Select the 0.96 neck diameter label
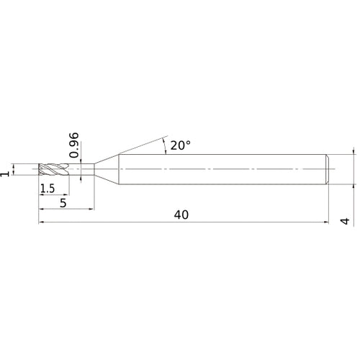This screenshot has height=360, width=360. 75,144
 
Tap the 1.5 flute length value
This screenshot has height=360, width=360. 48,189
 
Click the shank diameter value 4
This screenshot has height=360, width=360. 345,222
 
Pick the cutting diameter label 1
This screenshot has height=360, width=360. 8,171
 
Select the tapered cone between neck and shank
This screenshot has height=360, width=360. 107,170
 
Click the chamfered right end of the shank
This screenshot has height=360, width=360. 329,170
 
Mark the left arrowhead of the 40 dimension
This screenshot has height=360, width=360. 41,223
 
